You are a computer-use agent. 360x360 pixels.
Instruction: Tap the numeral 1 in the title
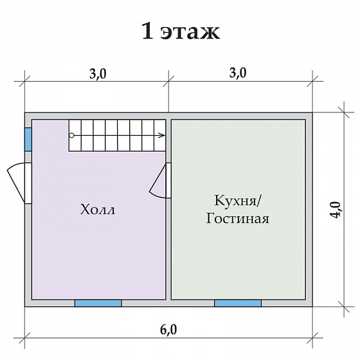[147, 31]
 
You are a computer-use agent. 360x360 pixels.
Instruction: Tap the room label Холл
[98, 210]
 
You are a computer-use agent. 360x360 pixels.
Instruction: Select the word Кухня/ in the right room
[237, 201]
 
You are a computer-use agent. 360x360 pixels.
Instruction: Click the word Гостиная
[237, 219]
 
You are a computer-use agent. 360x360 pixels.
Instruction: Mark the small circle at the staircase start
[71, 135]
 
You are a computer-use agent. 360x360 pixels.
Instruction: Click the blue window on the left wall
[28, 138]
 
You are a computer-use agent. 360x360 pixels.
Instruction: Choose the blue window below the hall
[98, 303]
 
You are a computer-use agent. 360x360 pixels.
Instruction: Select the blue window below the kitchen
[237, 303]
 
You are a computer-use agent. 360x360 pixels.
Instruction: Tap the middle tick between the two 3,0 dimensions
[168, 80]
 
